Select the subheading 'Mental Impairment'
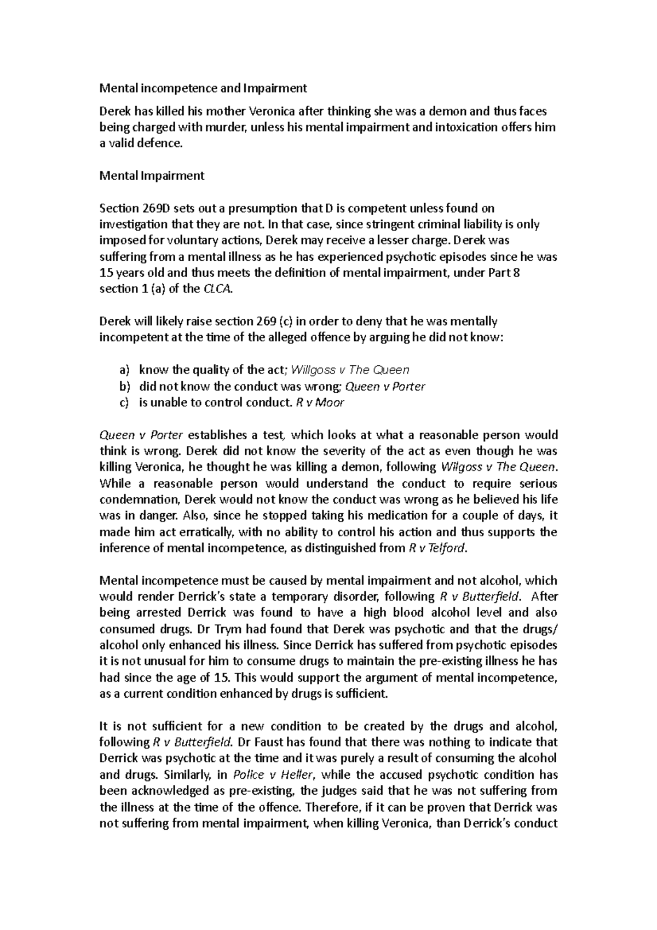pyautogui.click(x=152, y=176)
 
